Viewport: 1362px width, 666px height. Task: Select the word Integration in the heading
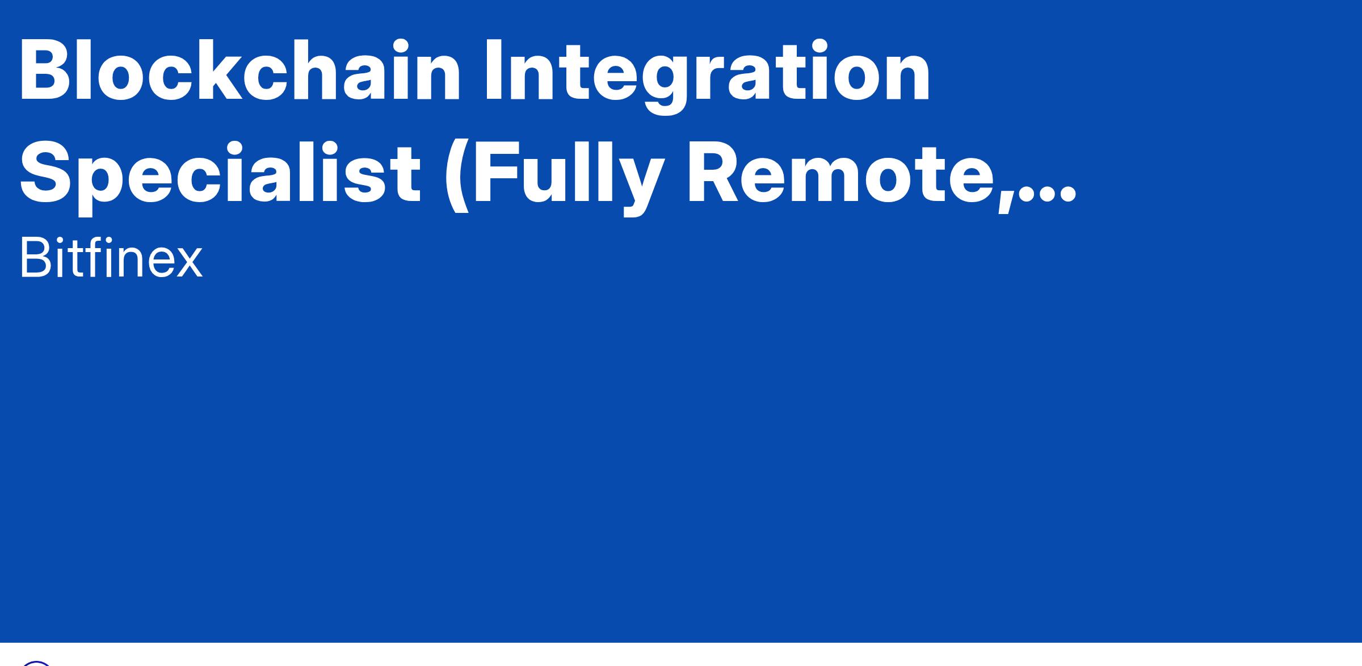[707, 77]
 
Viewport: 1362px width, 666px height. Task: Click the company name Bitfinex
[111, 258]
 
